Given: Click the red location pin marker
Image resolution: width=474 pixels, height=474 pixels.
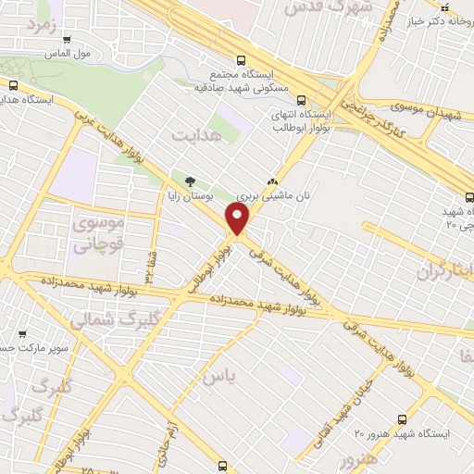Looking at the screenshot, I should [x=238, y=220].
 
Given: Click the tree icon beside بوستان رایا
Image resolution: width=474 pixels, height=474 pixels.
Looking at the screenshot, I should [x=191, y=181].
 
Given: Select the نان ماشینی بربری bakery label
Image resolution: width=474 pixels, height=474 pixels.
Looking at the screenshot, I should [x=273, y=197].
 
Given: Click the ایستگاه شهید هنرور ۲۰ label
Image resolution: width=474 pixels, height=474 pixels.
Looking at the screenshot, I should [x=402, y=433].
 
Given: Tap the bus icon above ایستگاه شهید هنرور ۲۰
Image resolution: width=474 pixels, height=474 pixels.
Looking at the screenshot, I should [x=401, y=418].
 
